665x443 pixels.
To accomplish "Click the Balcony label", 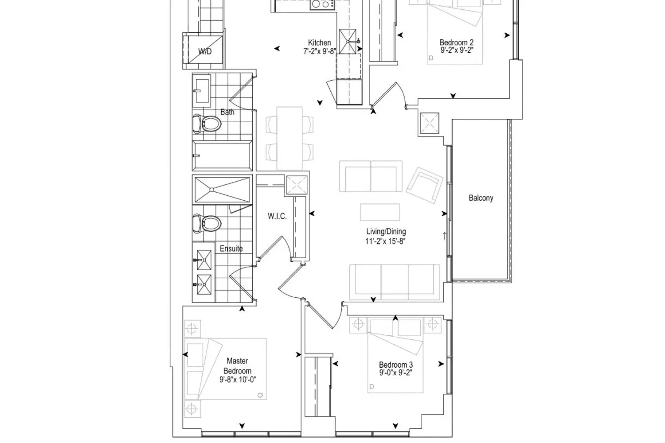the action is click(x=481, y=198).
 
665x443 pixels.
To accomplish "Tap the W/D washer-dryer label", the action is click(x=205, y=51).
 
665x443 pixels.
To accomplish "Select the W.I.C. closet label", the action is click(x=277, y=216).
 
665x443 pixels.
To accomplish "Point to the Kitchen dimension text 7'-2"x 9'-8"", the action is click(x=320, y=51).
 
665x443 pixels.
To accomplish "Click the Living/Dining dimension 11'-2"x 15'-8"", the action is click(x=385, y=241).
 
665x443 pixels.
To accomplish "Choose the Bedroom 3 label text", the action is click(x=396, y=365).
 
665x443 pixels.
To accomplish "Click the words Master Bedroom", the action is click(x=237, y=366).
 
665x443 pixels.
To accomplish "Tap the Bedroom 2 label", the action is click(x=456, y=43).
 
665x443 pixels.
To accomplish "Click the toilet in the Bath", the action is click(x=207, y=124).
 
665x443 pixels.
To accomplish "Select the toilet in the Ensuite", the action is click(x=207, y=223).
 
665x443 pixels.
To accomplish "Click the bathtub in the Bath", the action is click(x=223, y=156).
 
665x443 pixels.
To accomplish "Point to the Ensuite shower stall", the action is click(x=223, y=190).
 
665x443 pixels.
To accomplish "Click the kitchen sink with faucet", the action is click(x=348, y=42).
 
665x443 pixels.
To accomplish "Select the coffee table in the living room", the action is click(x=380, y=212).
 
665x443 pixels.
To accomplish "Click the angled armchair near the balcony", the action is click(x=425, y=185).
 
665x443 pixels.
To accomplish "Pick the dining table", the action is click(x=289, y=138).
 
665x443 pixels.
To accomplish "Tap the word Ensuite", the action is click(x=231, y=249).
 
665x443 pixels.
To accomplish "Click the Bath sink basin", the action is click(x=202, y=90).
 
